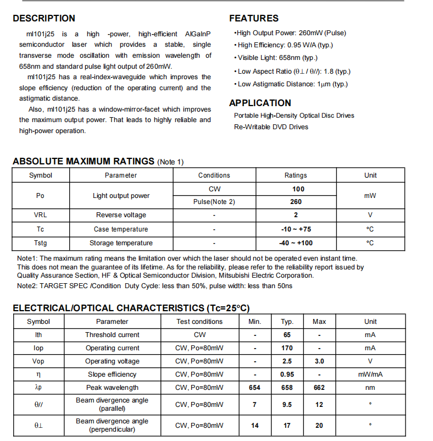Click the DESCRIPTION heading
44,19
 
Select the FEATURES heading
254,19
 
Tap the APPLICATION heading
260,103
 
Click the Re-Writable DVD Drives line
271,127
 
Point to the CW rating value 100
296,189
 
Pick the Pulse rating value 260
296,202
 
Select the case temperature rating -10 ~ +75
296,229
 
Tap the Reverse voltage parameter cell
121,215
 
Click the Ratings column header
296,175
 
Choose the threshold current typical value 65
287,335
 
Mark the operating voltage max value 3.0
319,361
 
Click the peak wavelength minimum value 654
254,388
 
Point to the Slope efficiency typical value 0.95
287,374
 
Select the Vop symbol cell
38,361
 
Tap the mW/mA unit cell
370,374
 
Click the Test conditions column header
199,322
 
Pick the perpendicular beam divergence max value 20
319,426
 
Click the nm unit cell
370,388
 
